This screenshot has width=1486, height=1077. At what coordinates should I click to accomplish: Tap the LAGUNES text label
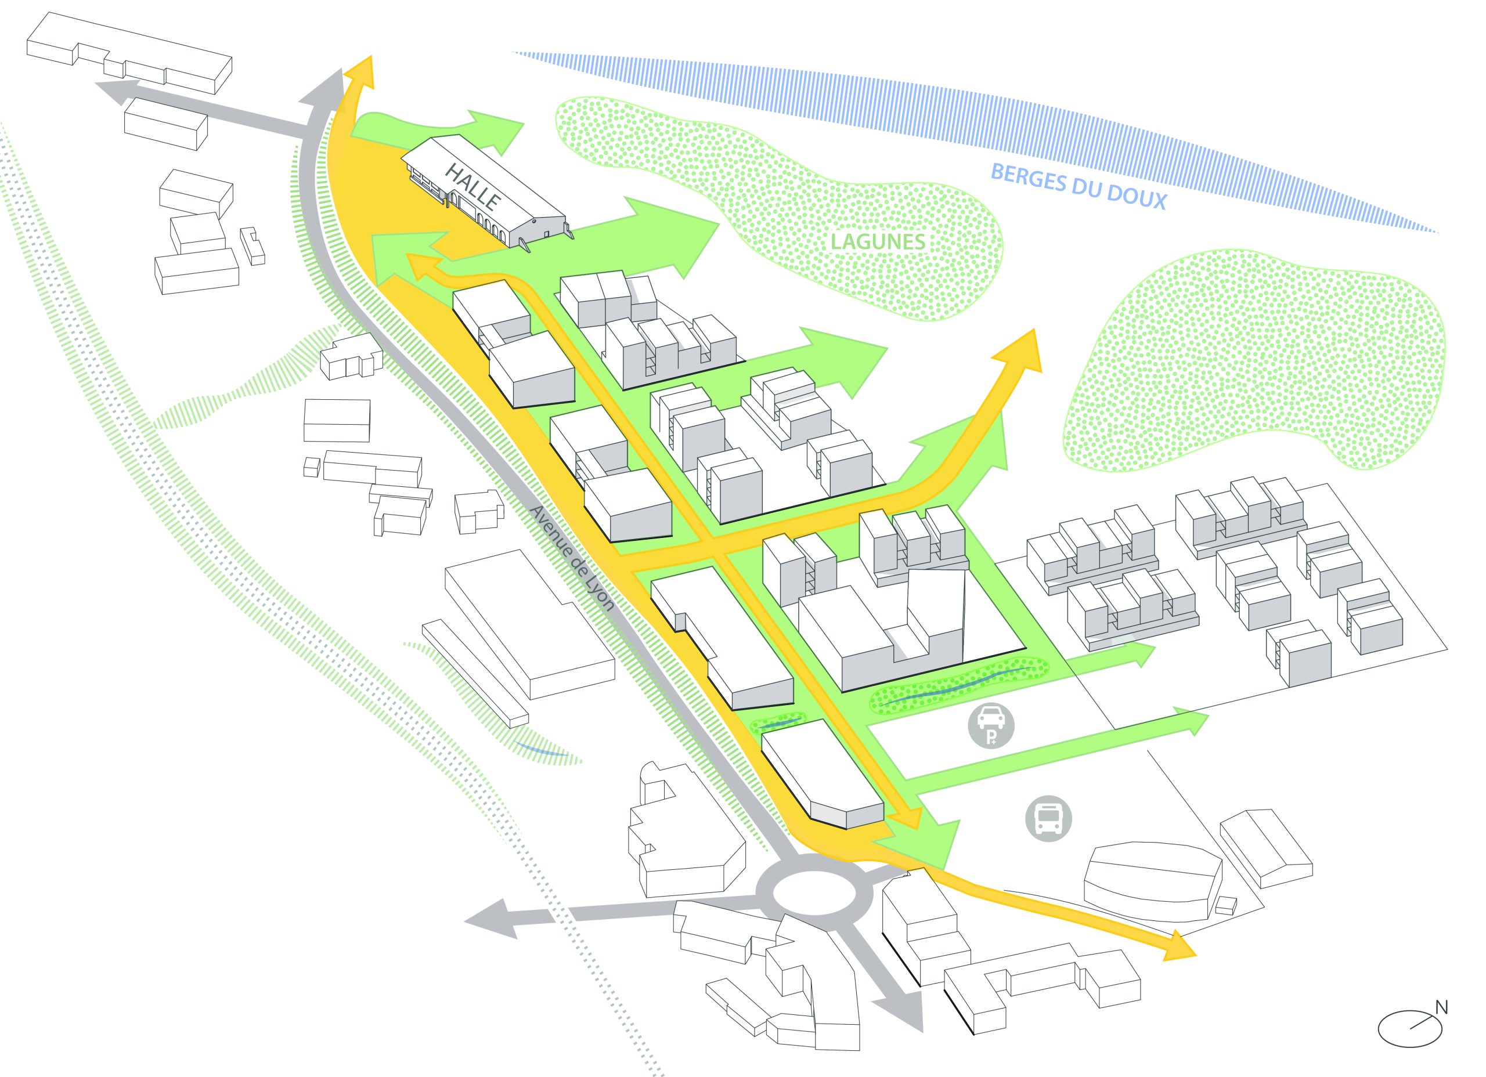click(878, 242)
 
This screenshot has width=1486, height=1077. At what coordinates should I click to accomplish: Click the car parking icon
click(992, 726)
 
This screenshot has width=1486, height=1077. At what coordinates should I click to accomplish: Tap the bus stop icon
click(1048, 818)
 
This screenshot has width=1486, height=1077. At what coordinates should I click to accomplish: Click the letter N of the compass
click(1441, 1007)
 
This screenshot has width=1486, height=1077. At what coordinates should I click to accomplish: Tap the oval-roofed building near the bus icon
click(1153, 884)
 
